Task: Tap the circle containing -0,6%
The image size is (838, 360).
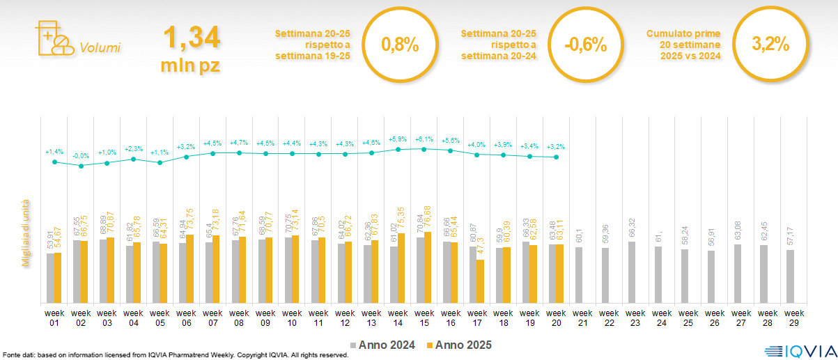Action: [x=586, y=45]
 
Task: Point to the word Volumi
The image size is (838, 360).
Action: [x=100, y=48]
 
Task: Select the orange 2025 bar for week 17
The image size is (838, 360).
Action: [x=480, y=281]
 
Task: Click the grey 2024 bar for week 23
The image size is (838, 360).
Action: [x=631, y=272]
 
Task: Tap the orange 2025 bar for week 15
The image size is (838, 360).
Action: [x=427, y=267]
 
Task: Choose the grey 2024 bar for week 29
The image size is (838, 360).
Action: [x=790, y=276]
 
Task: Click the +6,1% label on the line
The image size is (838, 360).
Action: [x=423, y=139]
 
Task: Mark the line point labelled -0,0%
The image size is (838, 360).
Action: [x=81, y=166]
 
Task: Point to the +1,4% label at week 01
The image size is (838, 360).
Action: [x=54, y=152]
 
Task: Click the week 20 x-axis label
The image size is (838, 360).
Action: [x=557, y=318]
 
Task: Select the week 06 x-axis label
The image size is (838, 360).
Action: [x=187, y=318]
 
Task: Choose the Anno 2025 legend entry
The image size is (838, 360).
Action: [x=459, y=345]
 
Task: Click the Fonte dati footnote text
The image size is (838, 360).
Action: [x=175, y=355]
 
